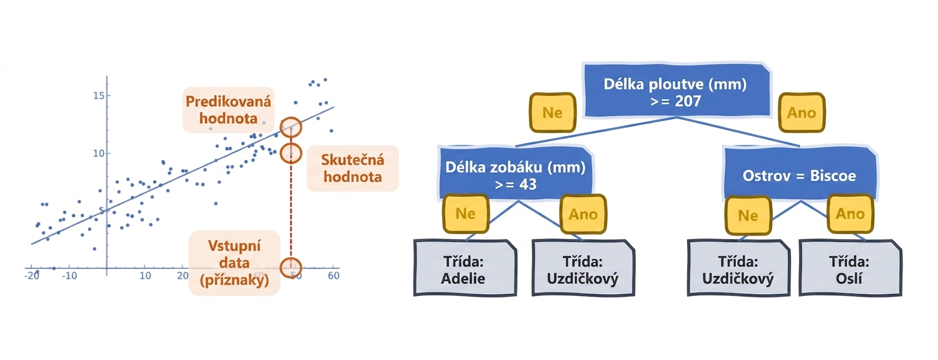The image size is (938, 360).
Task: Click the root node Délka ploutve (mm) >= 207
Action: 677,91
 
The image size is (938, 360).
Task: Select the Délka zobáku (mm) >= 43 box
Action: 516,173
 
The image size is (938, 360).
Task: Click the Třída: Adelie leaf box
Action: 465,268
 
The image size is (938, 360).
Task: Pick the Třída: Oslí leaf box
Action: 850,268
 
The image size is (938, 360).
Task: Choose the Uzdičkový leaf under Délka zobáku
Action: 584,268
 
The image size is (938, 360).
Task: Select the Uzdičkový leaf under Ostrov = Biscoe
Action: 738,268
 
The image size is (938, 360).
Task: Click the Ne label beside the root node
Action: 553,112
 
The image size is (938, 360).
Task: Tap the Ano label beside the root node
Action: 801,112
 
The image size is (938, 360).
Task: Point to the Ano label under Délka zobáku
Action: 584,214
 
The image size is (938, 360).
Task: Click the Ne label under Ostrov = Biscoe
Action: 748,215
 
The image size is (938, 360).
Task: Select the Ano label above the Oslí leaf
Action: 850,214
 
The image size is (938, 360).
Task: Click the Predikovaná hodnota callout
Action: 228,110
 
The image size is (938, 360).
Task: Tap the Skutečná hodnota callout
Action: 353,168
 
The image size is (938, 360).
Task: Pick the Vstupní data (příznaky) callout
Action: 235,263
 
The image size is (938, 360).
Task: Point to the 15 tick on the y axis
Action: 99,96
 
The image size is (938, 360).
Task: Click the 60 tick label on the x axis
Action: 334,276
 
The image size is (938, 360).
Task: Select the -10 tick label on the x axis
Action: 70,276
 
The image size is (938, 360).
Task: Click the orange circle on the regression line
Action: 290,127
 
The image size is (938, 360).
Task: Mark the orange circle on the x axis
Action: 290,267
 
